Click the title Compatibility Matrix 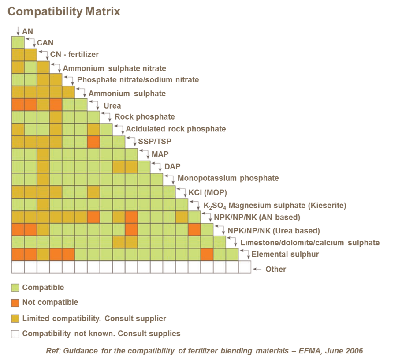tap(63, 11)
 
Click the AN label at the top tap(27, 32)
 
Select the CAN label tap(45, 43)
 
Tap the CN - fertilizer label tap(74, 55)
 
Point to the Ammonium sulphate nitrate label tap(114, 68)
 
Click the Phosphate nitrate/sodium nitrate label tap(138, 80)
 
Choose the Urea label tap(112, 106)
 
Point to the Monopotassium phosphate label tap(228, 178)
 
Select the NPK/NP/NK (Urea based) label tap(273, 231)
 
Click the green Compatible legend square tap(15, 288)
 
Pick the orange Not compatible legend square tap(15, 303)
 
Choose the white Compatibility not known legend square tap(15, 334)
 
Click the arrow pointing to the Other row tap(257, 269)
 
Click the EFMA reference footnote tap(204, 351)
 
